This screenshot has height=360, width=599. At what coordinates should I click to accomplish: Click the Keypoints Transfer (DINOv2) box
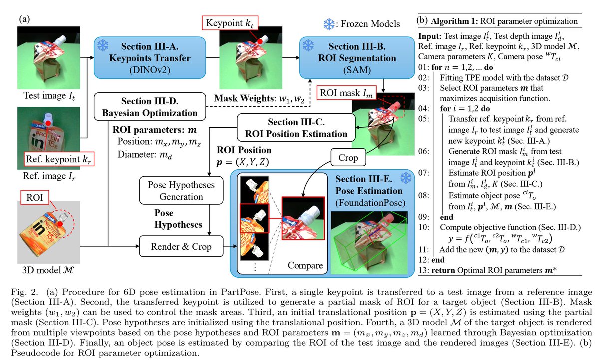pos(150,58)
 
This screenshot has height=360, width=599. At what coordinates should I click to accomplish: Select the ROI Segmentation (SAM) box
pos(357,58)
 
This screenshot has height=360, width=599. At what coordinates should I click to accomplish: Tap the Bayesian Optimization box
pos(150,107)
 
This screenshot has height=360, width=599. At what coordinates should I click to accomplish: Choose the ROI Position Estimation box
pos(296,128)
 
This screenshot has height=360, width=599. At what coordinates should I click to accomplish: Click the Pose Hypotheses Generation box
pos(181,190)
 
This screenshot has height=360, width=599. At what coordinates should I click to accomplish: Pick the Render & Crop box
pos(181,246)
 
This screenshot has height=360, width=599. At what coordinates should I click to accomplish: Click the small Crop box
pos(348,157)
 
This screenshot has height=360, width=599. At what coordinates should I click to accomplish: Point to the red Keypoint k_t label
pos(230,23)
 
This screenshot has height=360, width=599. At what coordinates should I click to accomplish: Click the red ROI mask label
pos(346,93)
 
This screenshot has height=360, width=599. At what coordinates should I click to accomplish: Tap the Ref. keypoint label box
pos(59,159)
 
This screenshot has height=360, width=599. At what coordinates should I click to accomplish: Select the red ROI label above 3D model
pos(35,197)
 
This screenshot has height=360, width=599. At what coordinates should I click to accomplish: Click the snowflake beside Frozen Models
pos(329,24)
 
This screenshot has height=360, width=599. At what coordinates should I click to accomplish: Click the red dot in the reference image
pos(48,123)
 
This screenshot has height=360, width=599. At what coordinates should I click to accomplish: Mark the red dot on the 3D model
pos(60,224)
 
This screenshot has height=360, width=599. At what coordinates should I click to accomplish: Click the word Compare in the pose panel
pos(305,265)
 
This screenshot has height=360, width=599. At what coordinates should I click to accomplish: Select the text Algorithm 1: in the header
pos(454,21)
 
